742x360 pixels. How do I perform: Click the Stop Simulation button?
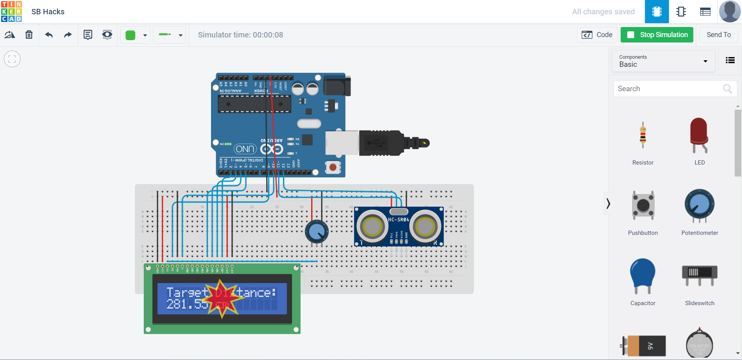(657, 35)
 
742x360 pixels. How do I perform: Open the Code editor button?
(597, 35)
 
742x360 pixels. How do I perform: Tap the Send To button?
(718, 35)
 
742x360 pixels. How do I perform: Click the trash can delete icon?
(29, 35)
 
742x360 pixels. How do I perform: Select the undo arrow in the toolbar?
(49, 35)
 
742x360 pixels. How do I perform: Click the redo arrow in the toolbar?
(68, 35)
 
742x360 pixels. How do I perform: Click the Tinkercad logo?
(12, 12)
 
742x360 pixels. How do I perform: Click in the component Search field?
(669, 89)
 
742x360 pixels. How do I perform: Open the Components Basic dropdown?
(663, 61)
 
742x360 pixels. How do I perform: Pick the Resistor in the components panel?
(643, 136)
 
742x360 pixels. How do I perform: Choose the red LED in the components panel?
(699, 135)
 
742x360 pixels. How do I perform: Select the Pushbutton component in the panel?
(643, 205)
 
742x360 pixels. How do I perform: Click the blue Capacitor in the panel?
(643, 275)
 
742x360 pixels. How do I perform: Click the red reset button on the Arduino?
(333, 167)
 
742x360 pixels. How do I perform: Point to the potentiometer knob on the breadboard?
(317, 231)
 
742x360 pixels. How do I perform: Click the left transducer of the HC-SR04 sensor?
(372, 227)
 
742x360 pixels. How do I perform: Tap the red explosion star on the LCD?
(222, 299)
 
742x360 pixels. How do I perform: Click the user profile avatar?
(730, 12)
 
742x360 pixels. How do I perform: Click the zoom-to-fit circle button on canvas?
(12, 59)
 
